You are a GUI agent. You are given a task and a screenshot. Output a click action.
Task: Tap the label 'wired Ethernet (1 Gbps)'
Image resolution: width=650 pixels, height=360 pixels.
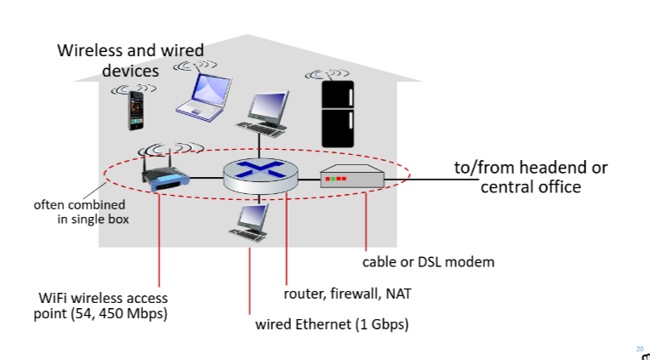(x=332, y=324)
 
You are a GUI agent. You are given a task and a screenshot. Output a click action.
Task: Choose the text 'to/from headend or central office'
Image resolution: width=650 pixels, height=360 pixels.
(x=530, y=177)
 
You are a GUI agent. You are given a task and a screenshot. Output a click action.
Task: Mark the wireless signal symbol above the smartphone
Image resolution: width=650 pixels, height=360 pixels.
(x=134, y=88)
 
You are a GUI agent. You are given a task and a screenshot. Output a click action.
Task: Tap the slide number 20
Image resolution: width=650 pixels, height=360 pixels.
(x=640, y=347)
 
